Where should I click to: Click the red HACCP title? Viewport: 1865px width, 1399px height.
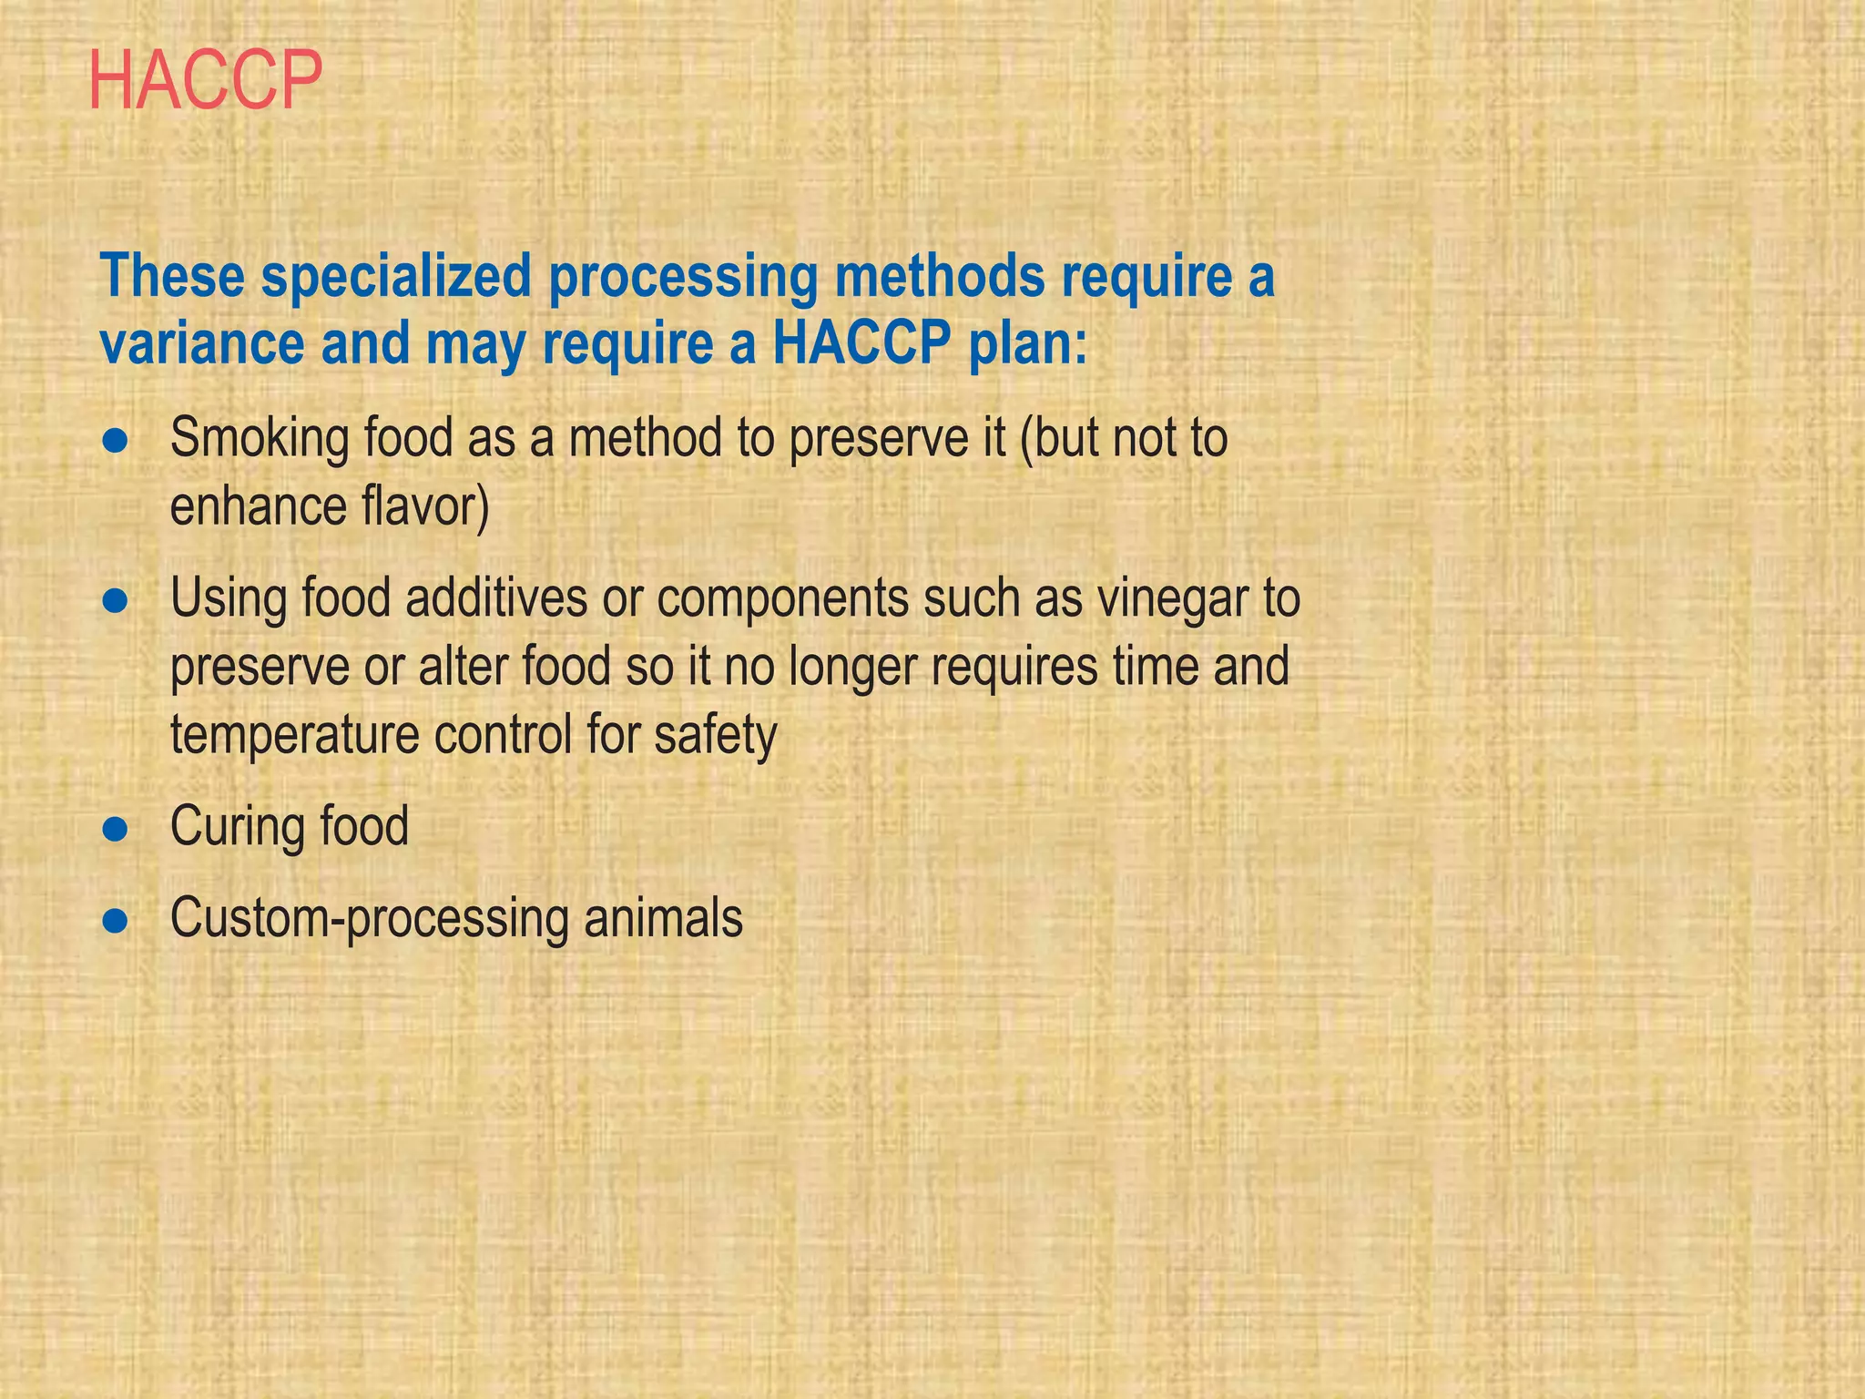tap(206, 82)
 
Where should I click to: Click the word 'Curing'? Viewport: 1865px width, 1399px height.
tap(238, 827)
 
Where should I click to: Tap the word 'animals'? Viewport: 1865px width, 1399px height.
tap(663, 917)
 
